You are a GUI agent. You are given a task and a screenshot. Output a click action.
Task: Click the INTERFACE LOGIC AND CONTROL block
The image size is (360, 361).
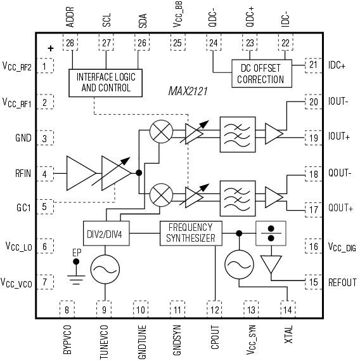pos(106,82)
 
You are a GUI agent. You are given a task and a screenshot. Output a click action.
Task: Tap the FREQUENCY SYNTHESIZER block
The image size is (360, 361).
pos(191,233)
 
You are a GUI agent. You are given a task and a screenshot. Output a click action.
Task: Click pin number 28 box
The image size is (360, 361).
pos(68,42)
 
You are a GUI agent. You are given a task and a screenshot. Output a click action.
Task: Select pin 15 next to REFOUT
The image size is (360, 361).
pos(312,282)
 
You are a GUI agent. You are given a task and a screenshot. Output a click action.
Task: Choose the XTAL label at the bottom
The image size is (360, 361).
pos(288,333)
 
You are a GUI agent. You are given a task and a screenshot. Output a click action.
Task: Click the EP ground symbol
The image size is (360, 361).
pos(76,273)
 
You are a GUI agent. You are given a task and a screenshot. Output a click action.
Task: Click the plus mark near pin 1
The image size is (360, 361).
pos(51,47)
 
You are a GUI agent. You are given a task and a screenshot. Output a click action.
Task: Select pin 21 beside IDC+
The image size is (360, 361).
pos(312,64)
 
